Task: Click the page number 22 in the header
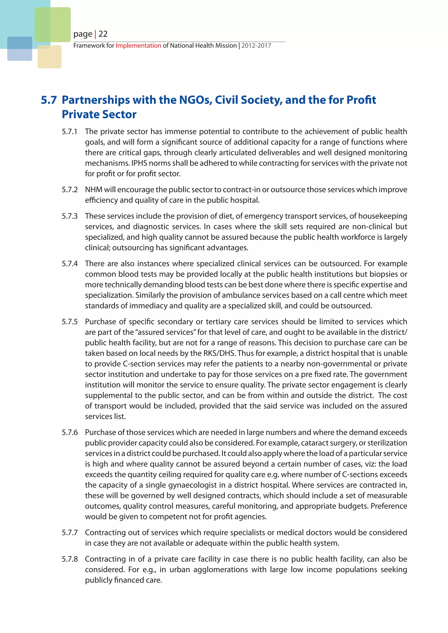(x=103, y=34)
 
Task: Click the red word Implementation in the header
(x=138, y=45)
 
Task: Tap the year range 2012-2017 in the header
(x=256, y=45)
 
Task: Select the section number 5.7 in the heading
(x=49, y=100)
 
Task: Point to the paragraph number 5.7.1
(x=70, y=132)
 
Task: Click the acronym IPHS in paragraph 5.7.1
(x=140, y=163)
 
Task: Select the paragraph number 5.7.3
(x=70, y=216)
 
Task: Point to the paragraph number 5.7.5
(x=70, y=322)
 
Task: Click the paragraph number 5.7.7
(x=70, y=533)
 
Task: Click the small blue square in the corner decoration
(x=20, y=49)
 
